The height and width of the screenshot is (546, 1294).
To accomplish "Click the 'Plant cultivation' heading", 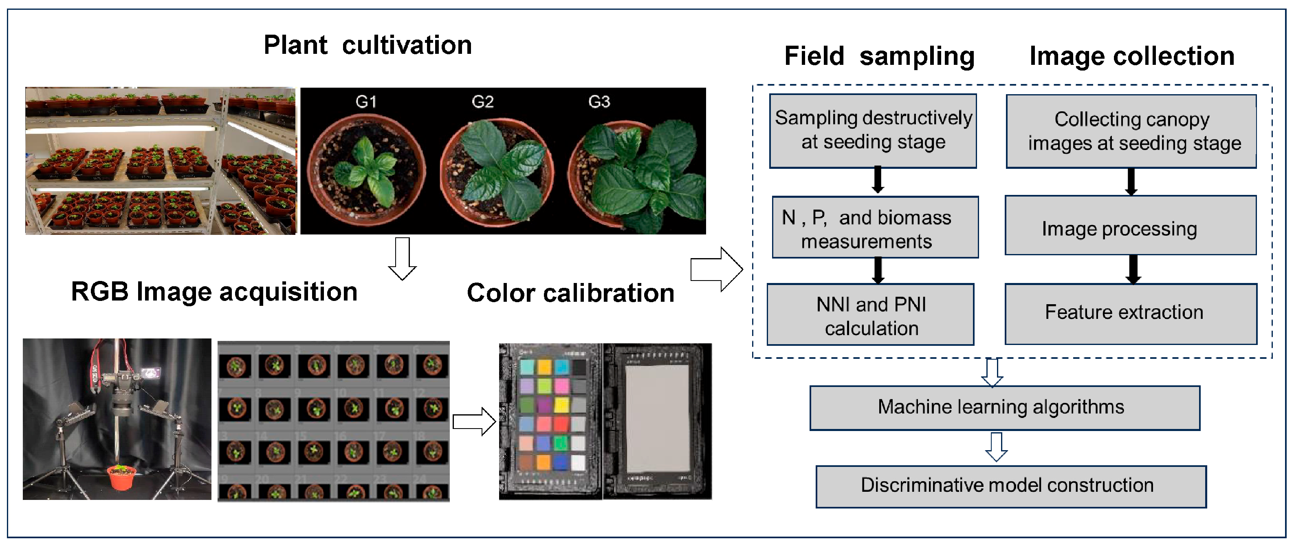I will click(x=367, y=45).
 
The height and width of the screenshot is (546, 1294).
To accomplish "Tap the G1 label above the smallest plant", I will click(x=366, y=102).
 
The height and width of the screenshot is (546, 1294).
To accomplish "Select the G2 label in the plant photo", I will click(x=482, y=102).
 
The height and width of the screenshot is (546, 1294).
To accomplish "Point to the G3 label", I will click(x=599, y=102).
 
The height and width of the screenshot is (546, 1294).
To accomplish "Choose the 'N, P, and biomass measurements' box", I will click(x=875, y=227).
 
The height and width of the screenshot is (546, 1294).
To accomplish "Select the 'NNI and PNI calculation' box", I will click(x=871, y=315).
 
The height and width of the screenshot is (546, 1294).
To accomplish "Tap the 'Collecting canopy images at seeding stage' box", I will click(x=1131, y=131).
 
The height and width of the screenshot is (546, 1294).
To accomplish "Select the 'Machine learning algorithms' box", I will click(x=1005, y=408).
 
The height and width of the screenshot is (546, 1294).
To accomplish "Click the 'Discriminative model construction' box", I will click(x=1011, y=486).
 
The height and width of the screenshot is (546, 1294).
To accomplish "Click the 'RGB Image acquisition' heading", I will click(x=214, y=292).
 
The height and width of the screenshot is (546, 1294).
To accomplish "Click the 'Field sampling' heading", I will click(x=879, y=56).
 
